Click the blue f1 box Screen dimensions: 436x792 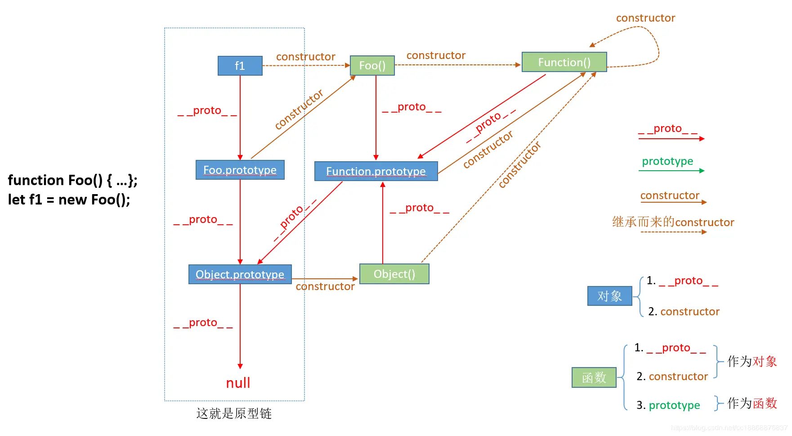[x=240, y=66]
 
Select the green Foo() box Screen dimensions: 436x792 [x=372, y=66]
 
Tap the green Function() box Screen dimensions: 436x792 [x=564, y=62]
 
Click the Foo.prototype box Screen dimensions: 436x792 [x=240, y=170]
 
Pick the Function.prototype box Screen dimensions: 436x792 [x=376, y=171]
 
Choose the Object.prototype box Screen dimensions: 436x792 [x=240, y=274]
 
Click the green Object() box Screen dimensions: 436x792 [x=394, y=274]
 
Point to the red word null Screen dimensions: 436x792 [x=238, y=383]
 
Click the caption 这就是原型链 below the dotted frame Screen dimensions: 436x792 [x=234, y=413]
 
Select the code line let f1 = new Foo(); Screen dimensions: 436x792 [x=69, y=200]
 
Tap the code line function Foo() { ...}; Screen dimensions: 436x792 [x=72, y=180]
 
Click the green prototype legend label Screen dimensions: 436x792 [x=667, y=161]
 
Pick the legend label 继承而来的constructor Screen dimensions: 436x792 [x=673, y=222]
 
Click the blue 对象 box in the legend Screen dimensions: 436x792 [x=609, y=296]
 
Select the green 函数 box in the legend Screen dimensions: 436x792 [x=594, y=377]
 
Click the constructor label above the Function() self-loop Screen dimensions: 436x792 [x=645, y=18]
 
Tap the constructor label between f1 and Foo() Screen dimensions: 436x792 [x=305, y=57]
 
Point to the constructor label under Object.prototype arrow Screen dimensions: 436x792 [x=325, y=286]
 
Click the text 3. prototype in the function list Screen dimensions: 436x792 [x=668, y=405]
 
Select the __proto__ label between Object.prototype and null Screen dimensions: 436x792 [x=203, y=323]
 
